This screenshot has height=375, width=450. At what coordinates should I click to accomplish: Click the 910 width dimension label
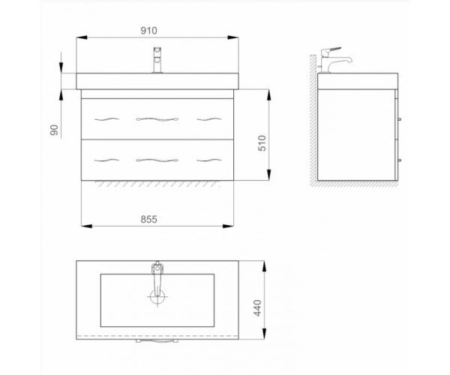point(148,31)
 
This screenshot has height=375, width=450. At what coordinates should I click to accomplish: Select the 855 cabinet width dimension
point(148,220)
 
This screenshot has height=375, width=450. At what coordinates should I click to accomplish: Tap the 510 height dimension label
point(262,143)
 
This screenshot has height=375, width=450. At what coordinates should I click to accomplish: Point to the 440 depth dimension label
point(257,307)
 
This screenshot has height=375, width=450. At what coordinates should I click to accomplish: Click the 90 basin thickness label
point(54,130)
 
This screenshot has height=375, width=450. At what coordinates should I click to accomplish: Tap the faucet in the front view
point(157,60)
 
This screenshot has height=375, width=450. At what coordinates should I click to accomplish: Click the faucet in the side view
point(334,60)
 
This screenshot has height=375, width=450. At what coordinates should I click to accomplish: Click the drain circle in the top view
point(157,296)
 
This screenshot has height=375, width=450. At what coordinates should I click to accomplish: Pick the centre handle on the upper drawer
point(157,119)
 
